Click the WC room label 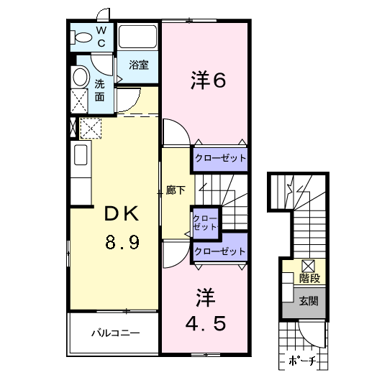click(101, 37)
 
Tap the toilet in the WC click(78, 37)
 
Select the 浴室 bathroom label click(139, 65)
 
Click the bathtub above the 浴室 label click(138, 38)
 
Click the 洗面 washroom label click(101, 91)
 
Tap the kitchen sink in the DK click(80, 156)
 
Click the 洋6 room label click(209, 80)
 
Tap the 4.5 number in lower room click(206, 323)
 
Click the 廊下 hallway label click(176, 190)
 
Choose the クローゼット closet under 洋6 click(220, 158)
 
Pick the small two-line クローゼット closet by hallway click(206, 222)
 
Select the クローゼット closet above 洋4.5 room click(220, 251)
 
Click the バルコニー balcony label click(115, 333)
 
